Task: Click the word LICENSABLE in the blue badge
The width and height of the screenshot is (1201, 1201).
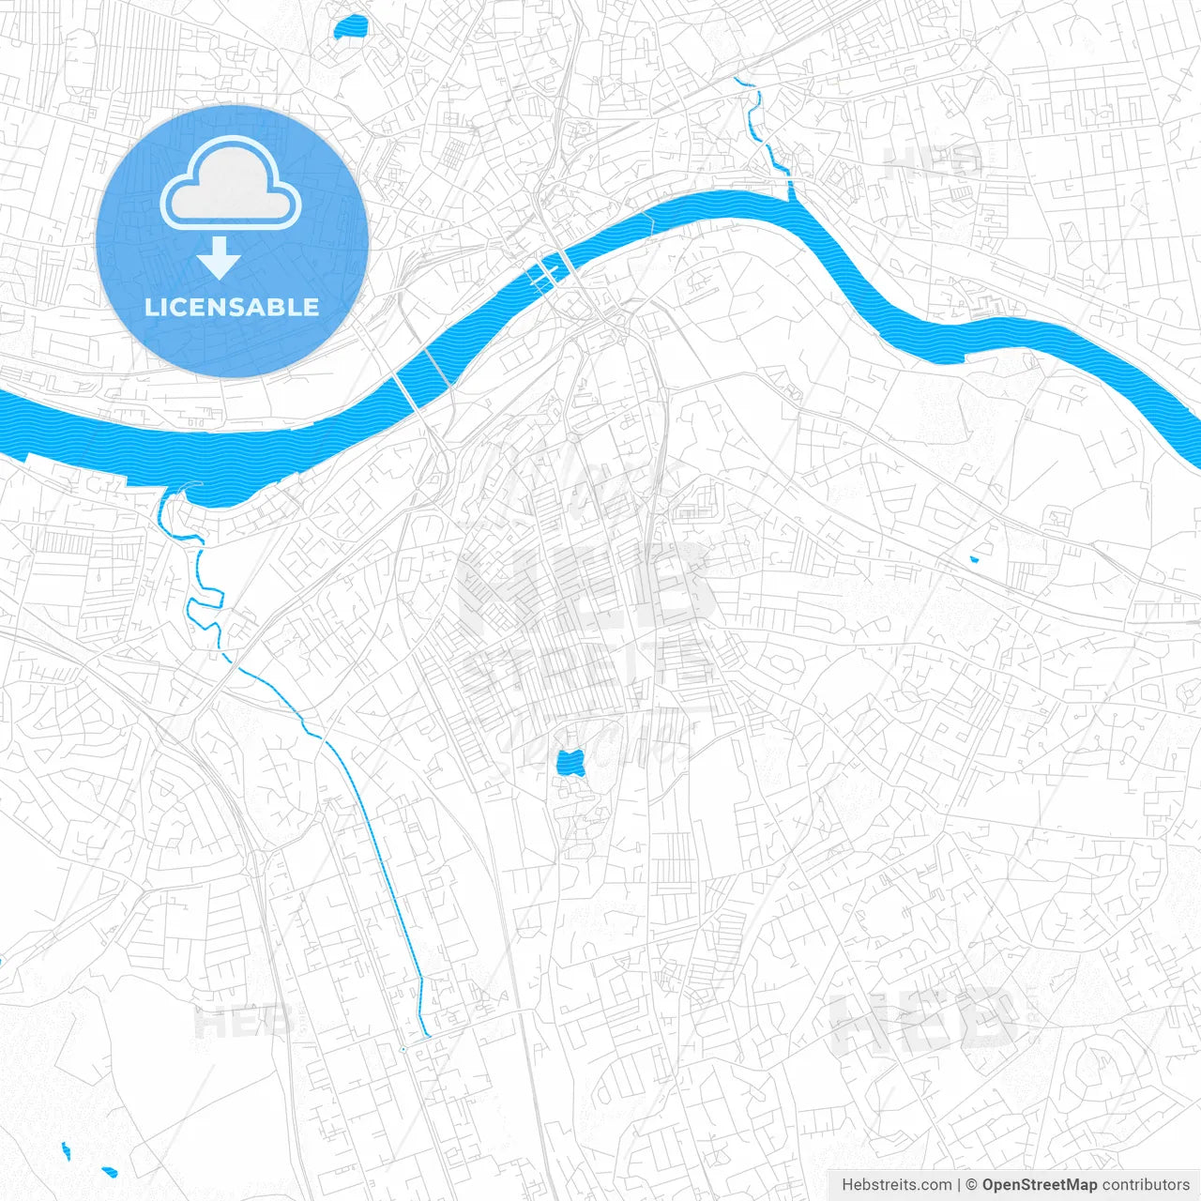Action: click(232, 307)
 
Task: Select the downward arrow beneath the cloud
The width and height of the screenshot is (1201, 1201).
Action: click(220, 257)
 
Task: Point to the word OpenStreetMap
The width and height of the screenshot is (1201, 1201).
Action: click(1039, 1185)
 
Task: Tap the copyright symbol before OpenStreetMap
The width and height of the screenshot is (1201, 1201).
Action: click(972, 1185)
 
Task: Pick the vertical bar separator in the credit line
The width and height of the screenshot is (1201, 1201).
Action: click(959, 1185)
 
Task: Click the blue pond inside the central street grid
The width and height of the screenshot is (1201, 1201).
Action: click(570, 762)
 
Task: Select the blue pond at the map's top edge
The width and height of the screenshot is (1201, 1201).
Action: click(350, 28)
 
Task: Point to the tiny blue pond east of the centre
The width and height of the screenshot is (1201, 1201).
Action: click(974, 559)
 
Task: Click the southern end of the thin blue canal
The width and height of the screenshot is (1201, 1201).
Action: click(427, 1036)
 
